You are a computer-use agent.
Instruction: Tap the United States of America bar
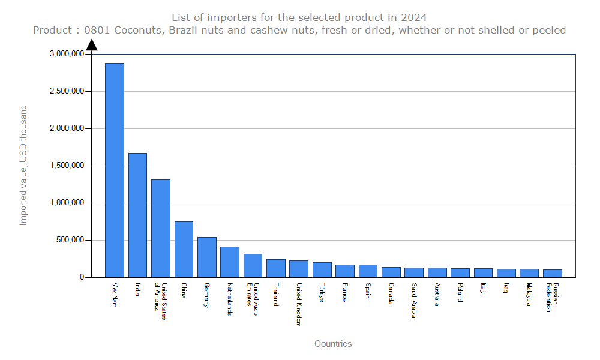point(161,228)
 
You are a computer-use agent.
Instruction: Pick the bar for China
point(184,249)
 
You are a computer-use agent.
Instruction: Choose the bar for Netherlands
point(230,262)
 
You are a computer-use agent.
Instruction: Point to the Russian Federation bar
point(553,273)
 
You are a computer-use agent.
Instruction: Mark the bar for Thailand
point(276,268)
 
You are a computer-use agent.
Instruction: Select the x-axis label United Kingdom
point(299,304)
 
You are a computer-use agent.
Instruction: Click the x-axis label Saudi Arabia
point(415,301)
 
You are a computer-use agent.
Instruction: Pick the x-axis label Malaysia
point(530,295)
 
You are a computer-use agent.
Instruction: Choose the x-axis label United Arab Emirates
point(253,295)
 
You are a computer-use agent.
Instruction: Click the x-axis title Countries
point(333,344)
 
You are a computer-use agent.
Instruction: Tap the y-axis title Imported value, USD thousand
point(23,165)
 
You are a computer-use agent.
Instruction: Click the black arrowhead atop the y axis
point(91,45)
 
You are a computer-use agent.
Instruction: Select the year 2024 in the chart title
point(415,17)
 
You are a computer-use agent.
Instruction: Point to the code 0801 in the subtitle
point(97,30)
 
